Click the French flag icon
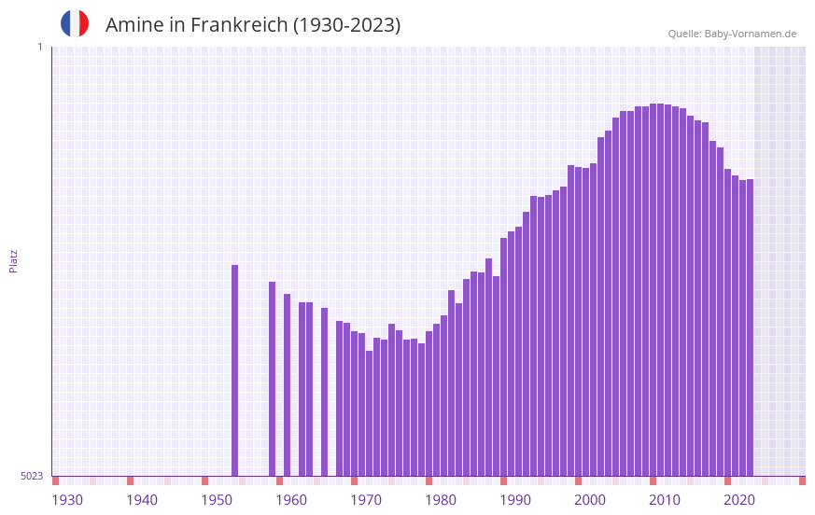click(x=75, y=23)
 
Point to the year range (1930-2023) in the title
click(x=347, y=25)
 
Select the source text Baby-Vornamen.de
click(x=750, y=34)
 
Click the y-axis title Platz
click(x=13, y=260)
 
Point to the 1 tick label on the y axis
click(x=39, y=47)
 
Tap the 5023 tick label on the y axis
click(x=32, y=476)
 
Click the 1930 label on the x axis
click(x=67, y=500)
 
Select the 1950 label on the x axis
click(x=217, y=500)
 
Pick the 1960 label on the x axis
click(x=291, y=500)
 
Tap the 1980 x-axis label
click(x=441, y=500)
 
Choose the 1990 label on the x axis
click(x=515, y=500)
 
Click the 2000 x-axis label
click(x=590, y=500)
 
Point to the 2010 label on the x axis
click(x=665, y=500)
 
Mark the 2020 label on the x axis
click(x=739, y=500)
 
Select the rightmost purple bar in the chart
click(x=750, y=327)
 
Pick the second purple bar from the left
click(x=273, y=378)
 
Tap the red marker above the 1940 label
click(x=130, y=480)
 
